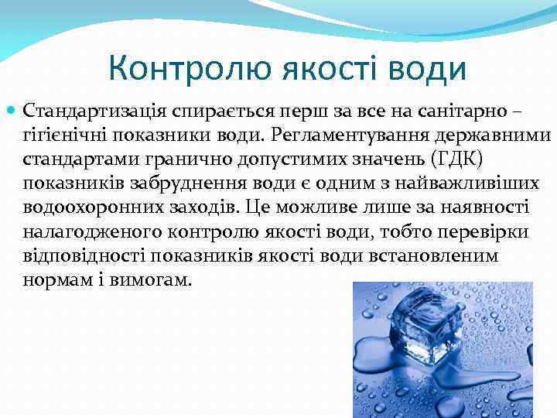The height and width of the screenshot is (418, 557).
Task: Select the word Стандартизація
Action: pos(92,112)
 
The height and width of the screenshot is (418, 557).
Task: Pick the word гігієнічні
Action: pos(67,136)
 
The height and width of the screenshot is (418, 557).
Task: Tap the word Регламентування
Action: pos(346,136)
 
